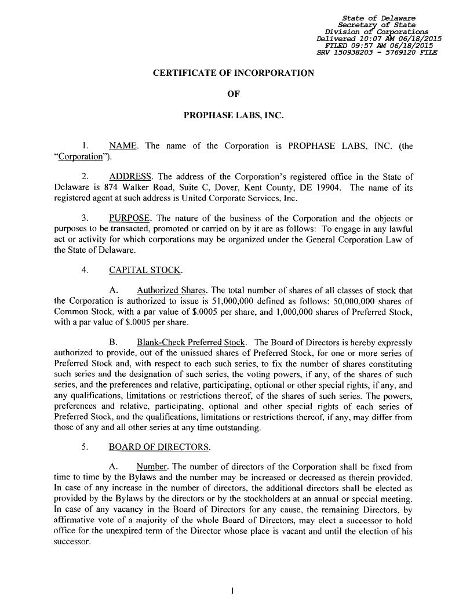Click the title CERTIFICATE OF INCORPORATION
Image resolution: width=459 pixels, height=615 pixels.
point(233,73)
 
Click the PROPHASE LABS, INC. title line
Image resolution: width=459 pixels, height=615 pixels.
point(233,115)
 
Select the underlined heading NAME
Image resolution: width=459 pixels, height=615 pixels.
point(123,146)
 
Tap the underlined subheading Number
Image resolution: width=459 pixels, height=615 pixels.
point(152,467)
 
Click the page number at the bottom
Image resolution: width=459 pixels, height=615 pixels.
point(232,591)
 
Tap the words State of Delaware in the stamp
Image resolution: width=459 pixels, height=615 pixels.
point(387,18)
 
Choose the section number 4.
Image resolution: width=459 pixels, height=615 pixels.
point(85,271)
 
